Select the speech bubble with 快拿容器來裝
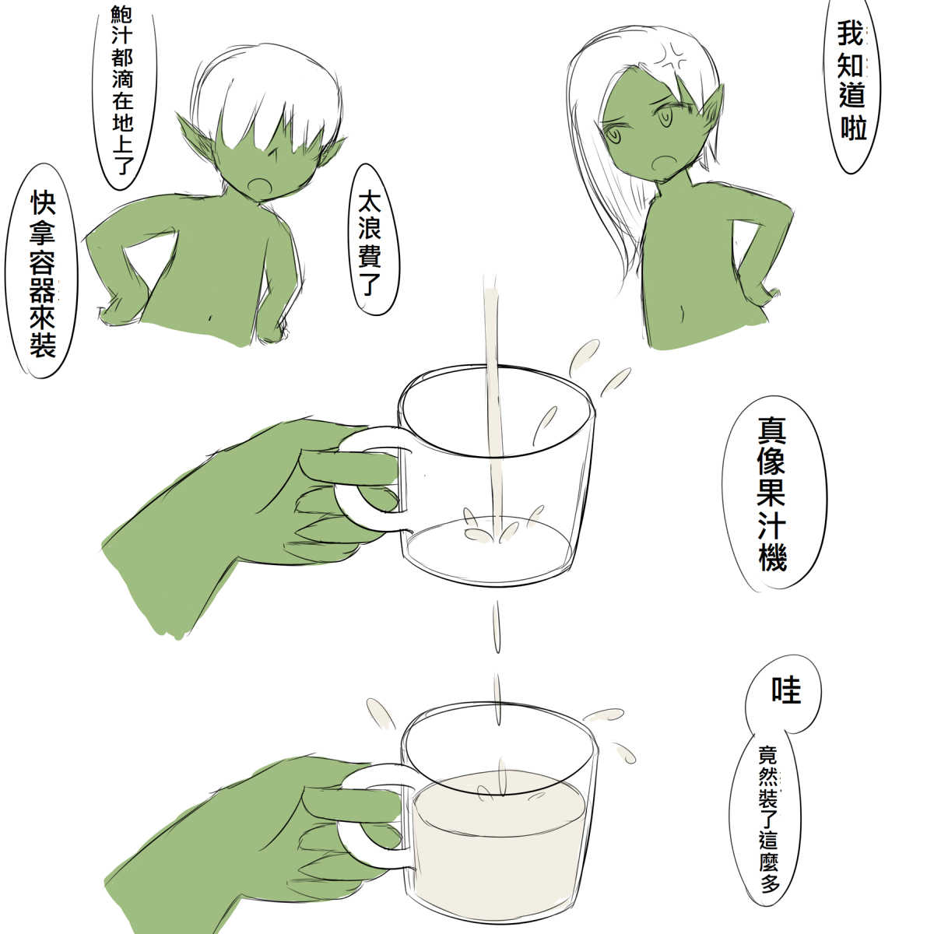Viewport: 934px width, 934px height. (43, 272)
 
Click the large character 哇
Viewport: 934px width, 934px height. (785, 690)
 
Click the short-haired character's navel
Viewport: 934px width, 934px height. (209, 318)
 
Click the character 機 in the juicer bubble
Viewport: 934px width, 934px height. (772, 556)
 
